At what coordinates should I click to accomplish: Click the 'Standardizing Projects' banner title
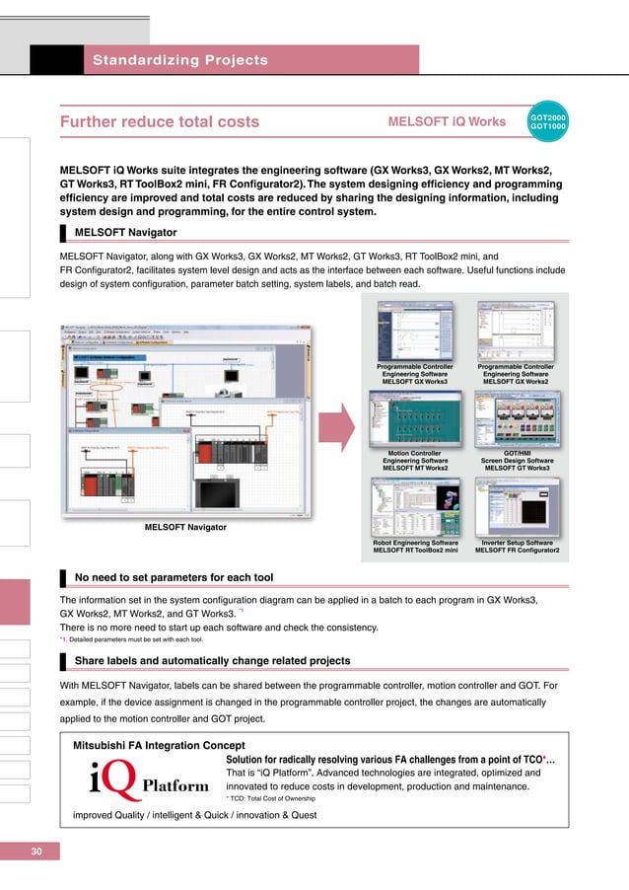coord(180,60)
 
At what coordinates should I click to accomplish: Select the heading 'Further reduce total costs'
coord(160,122)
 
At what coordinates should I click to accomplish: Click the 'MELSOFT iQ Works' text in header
coord(448,122)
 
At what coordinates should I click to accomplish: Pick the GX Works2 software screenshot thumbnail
coord(517,331)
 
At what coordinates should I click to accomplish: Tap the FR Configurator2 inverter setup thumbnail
coord(517,506)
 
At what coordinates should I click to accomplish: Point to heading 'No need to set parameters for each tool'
coord(175,576)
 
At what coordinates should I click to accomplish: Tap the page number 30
coord(36,852)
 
